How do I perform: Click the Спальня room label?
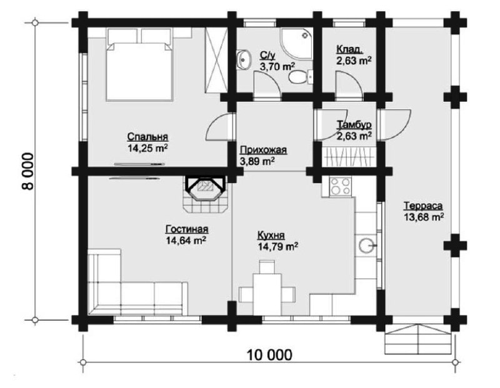[x=147, y=137]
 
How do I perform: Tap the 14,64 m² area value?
[x=186, y=241]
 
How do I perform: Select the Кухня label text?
[x=271, y=236]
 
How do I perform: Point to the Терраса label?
[x=423, y=206]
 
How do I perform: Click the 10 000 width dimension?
[x=269, y=354]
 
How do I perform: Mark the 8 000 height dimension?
[x=28, y=172]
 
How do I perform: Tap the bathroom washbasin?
[x=244, y=59]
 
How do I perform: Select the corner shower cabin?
[x=296, y=43]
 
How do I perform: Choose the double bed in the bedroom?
[x=139, y=65]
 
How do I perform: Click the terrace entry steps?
[x=418, y=339]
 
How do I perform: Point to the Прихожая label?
[x=263, y=150]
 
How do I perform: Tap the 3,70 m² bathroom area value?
[x=277, y=67]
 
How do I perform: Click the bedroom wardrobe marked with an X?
[x=216, y=59]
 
